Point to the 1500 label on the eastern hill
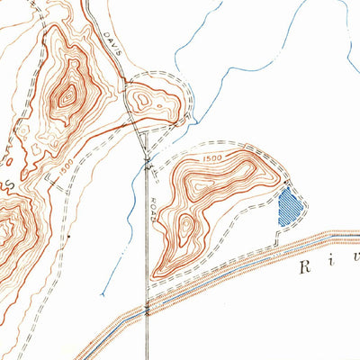211,160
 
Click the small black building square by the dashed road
68,236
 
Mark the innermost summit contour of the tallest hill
67,94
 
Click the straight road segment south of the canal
147,337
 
